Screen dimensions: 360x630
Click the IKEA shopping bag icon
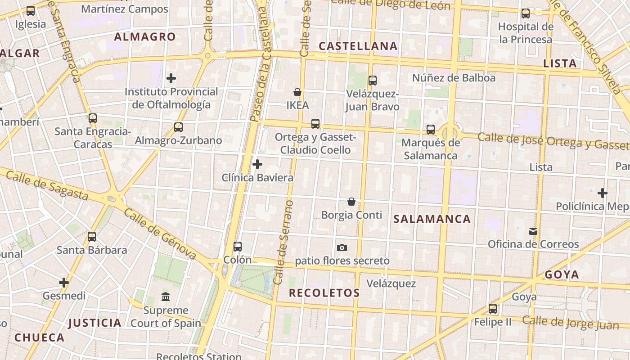(297, 93)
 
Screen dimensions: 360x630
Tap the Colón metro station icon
(238, 247)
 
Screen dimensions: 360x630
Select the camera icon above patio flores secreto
(342, 247)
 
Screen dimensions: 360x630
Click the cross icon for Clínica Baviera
(257, 164)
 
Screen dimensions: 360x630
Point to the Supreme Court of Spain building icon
(166, 297)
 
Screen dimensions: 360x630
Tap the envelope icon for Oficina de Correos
(533, 231)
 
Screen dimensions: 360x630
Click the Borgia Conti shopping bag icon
(351, 202)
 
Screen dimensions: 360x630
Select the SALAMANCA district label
(432, 219)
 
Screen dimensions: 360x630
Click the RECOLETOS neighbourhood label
(324, 293)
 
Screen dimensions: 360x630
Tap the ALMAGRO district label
(144, 37)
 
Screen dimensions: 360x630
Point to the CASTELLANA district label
(358, 46)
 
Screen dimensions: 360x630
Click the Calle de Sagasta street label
(47, 185)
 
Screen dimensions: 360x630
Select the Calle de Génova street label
(160, 234)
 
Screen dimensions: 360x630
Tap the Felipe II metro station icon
(493, 309)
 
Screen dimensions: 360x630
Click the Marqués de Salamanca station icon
(431, 130)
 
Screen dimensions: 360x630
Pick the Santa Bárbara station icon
(92, 237)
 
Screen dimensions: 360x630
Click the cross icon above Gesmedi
(64, 283)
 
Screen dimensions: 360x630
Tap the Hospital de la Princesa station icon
(526, 13)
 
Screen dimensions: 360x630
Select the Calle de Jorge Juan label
(571, 323)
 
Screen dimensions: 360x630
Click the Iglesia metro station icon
(31, 11)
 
